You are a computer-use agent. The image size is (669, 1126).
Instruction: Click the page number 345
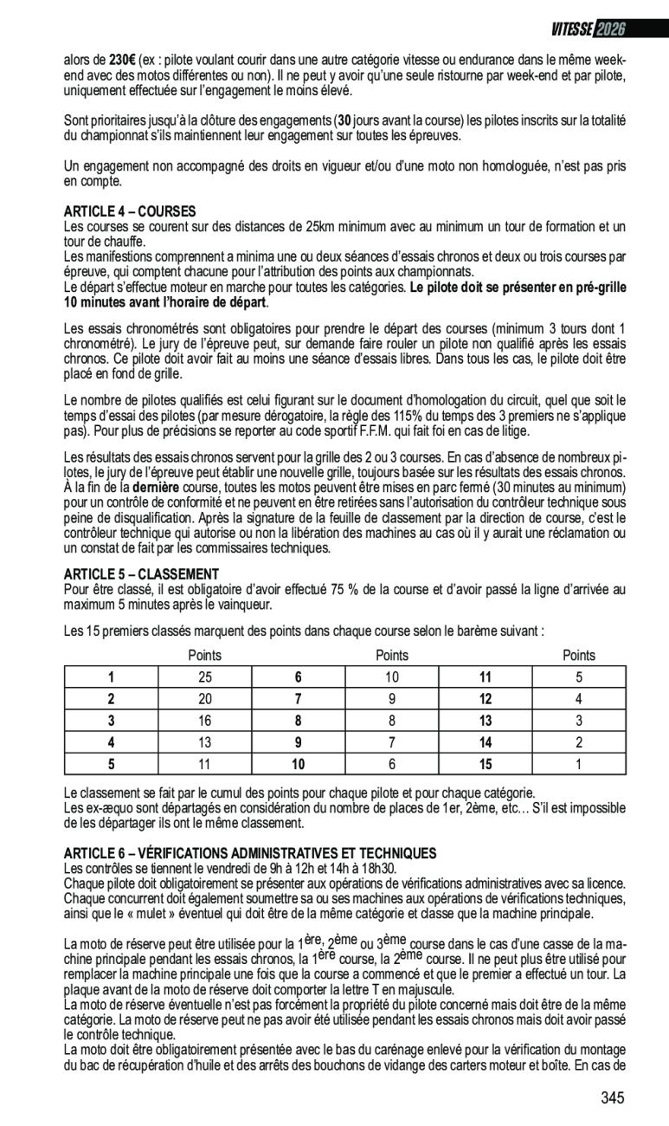612,1098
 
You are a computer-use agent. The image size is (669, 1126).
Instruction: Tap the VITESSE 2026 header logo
588,29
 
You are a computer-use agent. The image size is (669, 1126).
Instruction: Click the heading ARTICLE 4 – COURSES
130,211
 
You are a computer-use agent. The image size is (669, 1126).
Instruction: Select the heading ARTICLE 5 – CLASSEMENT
141,574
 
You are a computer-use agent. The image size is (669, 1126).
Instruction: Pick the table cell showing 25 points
204,676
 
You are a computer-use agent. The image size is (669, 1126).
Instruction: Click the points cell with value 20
204,698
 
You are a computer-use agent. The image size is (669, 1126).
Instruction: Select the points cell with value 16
204,720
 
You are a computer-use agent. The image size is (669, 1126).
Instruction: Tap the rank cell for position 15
486,763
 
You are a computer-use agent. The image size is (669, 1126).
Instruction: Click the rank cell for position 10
299,763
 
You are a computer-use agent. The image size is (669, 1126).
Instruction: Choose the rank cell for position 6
299,676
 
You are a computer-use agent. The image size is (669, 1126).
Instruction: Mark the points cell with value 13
204,741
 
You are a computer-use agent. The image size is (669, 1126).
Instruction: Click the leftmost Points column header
204,656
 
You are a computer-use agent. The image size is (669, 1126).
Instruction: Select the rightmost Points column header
579,656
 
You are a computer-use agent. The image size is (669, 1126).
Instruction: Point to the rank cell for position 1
111,676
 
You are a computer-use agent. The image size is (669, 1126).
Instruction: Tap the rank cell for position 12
486,698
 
